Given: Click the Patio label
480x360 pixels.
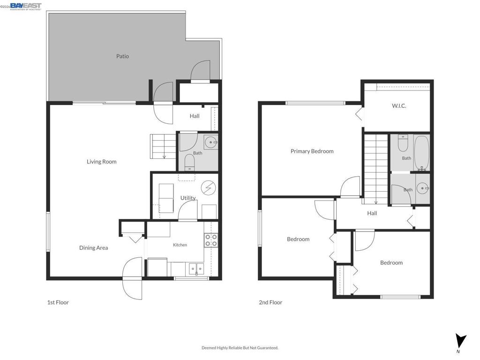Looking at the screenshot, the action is (122, 56).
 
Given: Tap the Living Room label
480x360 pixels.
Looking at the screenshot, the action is (101, 162).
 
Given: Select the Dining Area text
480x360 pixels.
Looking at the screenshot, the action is (93, 247).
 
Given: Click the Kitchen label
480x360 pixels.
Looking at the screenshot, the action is (180, 245).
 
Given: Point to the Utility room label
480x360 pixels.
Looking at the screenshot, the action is (188, 198).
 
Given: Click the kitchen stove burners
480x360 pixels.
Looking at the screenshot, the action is (211, 240).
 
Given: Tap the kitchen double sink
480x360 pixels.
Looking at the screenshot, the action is (196, 269).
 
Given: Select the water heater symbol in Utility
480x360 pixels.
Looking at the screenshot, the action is (209, 187).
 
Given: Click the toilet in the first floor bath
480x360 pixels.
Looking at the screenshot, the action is (190, 162).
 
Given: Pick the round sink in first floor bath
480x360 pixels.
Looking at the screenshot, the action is (210, 142).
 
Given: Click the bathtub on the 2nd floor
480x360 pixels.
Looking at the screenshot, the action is (422, 153).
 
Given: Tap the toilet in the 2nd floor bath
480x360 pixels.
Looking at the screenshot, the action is (403, 143).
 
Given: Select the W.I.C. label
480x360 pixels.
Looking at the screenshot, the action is (399, 106).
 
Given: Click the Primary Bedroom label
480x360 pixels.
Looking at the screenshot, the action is (312, 151).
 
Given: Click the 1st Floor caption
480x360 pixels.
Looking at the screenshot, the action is (58, 302).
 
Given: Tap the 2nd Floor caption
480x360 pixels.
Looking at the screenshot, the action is (270, 302).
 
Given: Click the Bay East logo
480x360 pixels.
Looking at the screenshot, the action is (26, 7).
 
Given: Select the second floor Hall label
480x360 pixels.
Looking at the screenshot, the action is (372, 213).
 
